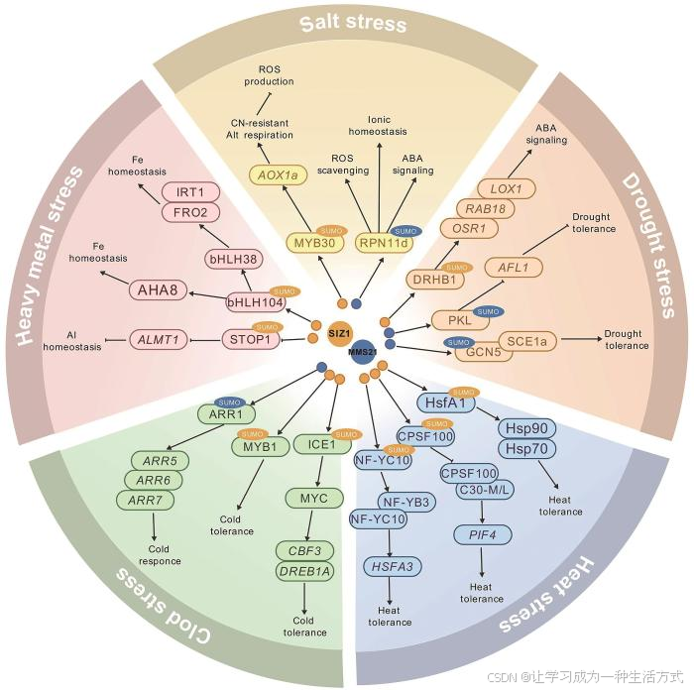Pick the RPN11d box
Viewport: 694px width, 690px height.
384,242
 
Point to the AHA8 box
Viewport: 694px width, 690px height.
158,289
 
